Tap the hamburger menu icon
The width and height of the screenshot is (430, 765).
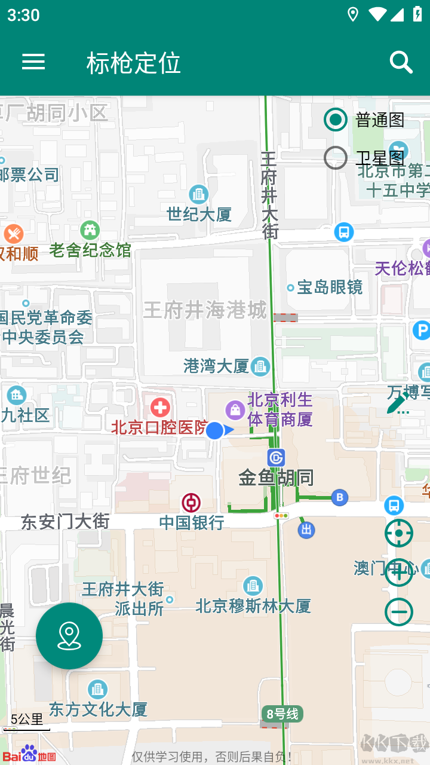[33, 62]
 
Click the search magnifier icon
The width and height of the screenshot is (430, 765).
[401, 62]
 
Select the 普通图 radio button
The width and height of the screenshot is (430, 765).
[336, 120]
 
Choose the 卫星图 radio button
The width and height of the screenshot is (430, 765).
[336, 158]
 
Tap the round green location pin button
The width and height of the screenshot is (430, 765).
[69, 636]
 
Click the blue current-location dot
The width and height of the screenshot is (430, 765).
[214, 430]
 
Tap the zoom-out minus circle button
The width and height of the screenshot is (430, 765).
[398, 612]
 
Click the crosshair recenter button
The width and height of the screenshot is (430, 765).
[398, 533]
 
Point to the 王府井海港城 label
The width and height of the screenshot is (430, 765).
[205, 310]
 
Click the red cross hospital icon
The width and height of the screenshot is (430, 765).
[160, 408]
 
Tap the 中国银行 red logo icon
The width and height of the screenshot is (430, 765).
[191, 503]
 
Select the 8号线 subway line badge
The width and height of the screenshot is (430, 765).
[282, 714]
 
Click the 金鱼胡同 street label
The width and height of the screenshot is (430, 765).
[276, 478]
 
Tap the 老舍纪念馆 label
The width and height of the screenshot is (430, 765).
[90, 250]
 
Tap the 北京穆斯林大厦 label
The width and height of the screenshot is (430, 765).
[253, 606]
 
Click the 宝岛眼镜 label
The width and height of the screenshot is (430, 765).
[330, 287]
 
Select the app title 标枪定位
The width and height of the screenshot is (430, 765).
[133, 63]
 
